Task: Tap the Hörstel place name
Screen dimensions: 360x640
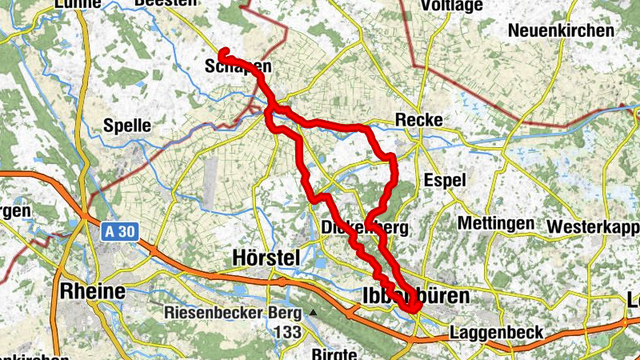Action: click(265, 257)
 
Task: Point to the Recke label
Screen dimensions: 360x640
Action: click(419, 119)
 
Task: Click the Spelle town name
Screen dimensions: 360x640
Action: click(127, 125)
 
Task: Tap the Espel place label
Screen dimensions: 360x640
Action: click(445, 180)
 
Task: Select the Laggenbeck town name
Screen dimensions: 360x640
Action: click(497, 331)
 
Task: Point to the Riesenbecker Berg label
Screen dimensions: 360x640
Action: click(232, 313)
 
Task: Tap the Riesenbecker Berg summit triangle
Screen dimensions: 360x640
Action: click(313, 313)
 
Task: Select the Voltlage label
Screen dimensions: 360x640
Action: click(451, 6)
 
